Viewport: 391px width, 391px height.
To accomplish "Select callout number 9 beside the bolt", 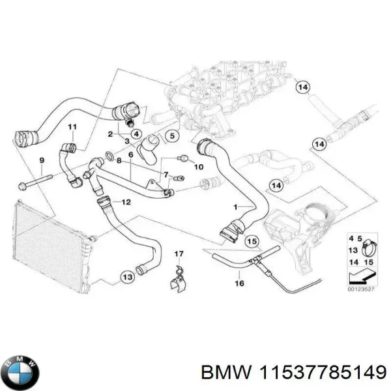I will [42, 160].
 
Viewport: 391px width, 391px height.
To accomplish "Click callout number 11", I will [72, 126].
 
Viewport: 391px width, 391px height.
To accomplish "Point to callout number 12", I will [126, 203].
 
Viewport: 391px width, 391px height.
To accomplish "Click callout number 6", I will [130, 154].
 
